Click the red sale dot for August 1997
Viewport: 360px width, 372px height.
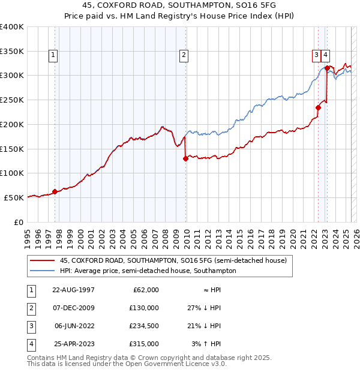coord(55,192)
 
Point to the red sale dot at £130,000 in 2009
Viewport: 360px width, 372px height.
coord(185,158)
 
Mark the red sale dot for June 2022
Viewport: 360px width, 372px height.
coord(318,108)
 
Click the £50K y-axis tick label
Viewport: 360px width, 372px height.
coord(14,197)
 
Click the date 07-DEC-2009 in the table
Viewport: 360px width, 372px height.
coord(74,308)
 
